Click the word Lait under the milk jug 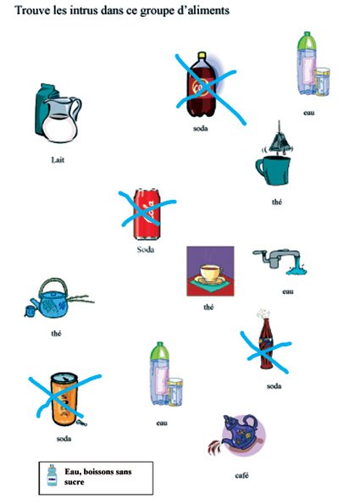58,160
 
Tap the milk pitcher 62,119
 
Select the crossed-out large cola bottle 202,85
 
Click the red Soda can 147,213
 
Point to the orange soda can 64,399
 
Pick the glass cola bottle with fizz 266,345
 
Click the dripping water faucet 280,262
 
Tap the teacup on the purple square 211,274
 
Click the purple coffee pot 240,435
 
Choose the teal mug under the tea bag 274,170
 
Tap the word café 241,475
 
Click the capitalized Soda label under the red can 146,249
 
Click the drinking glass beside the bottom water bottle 175,391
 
